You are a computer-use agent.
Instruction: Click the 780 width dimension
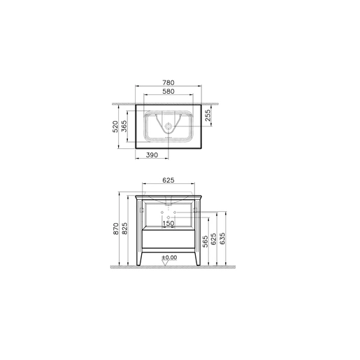pos(168,82)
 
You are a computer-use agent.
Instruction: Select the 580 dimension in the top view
pos(168,92)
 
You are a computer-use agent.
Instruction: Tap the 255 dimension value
pos(208,115)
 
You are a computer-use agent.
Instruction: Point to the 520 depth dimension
pos(115,127)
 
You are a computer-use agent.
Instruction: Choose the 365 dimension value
pos(124,126)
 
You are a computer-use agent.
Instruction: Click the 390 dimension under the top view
pos(152,155)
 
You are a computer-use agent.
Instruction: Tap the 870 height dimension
pos(116,229)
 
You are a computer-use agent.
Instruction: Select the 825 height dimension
pos(124,229)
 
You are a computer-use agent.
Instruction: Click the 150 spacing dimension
pos(168,224)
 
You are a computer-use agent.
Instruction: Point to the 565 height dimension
pos(205,241)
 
